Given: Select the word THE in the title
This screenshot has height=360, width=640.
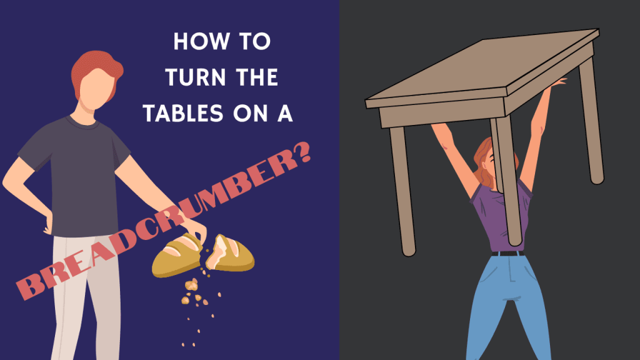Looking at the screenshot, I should (x=256, y=78).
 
